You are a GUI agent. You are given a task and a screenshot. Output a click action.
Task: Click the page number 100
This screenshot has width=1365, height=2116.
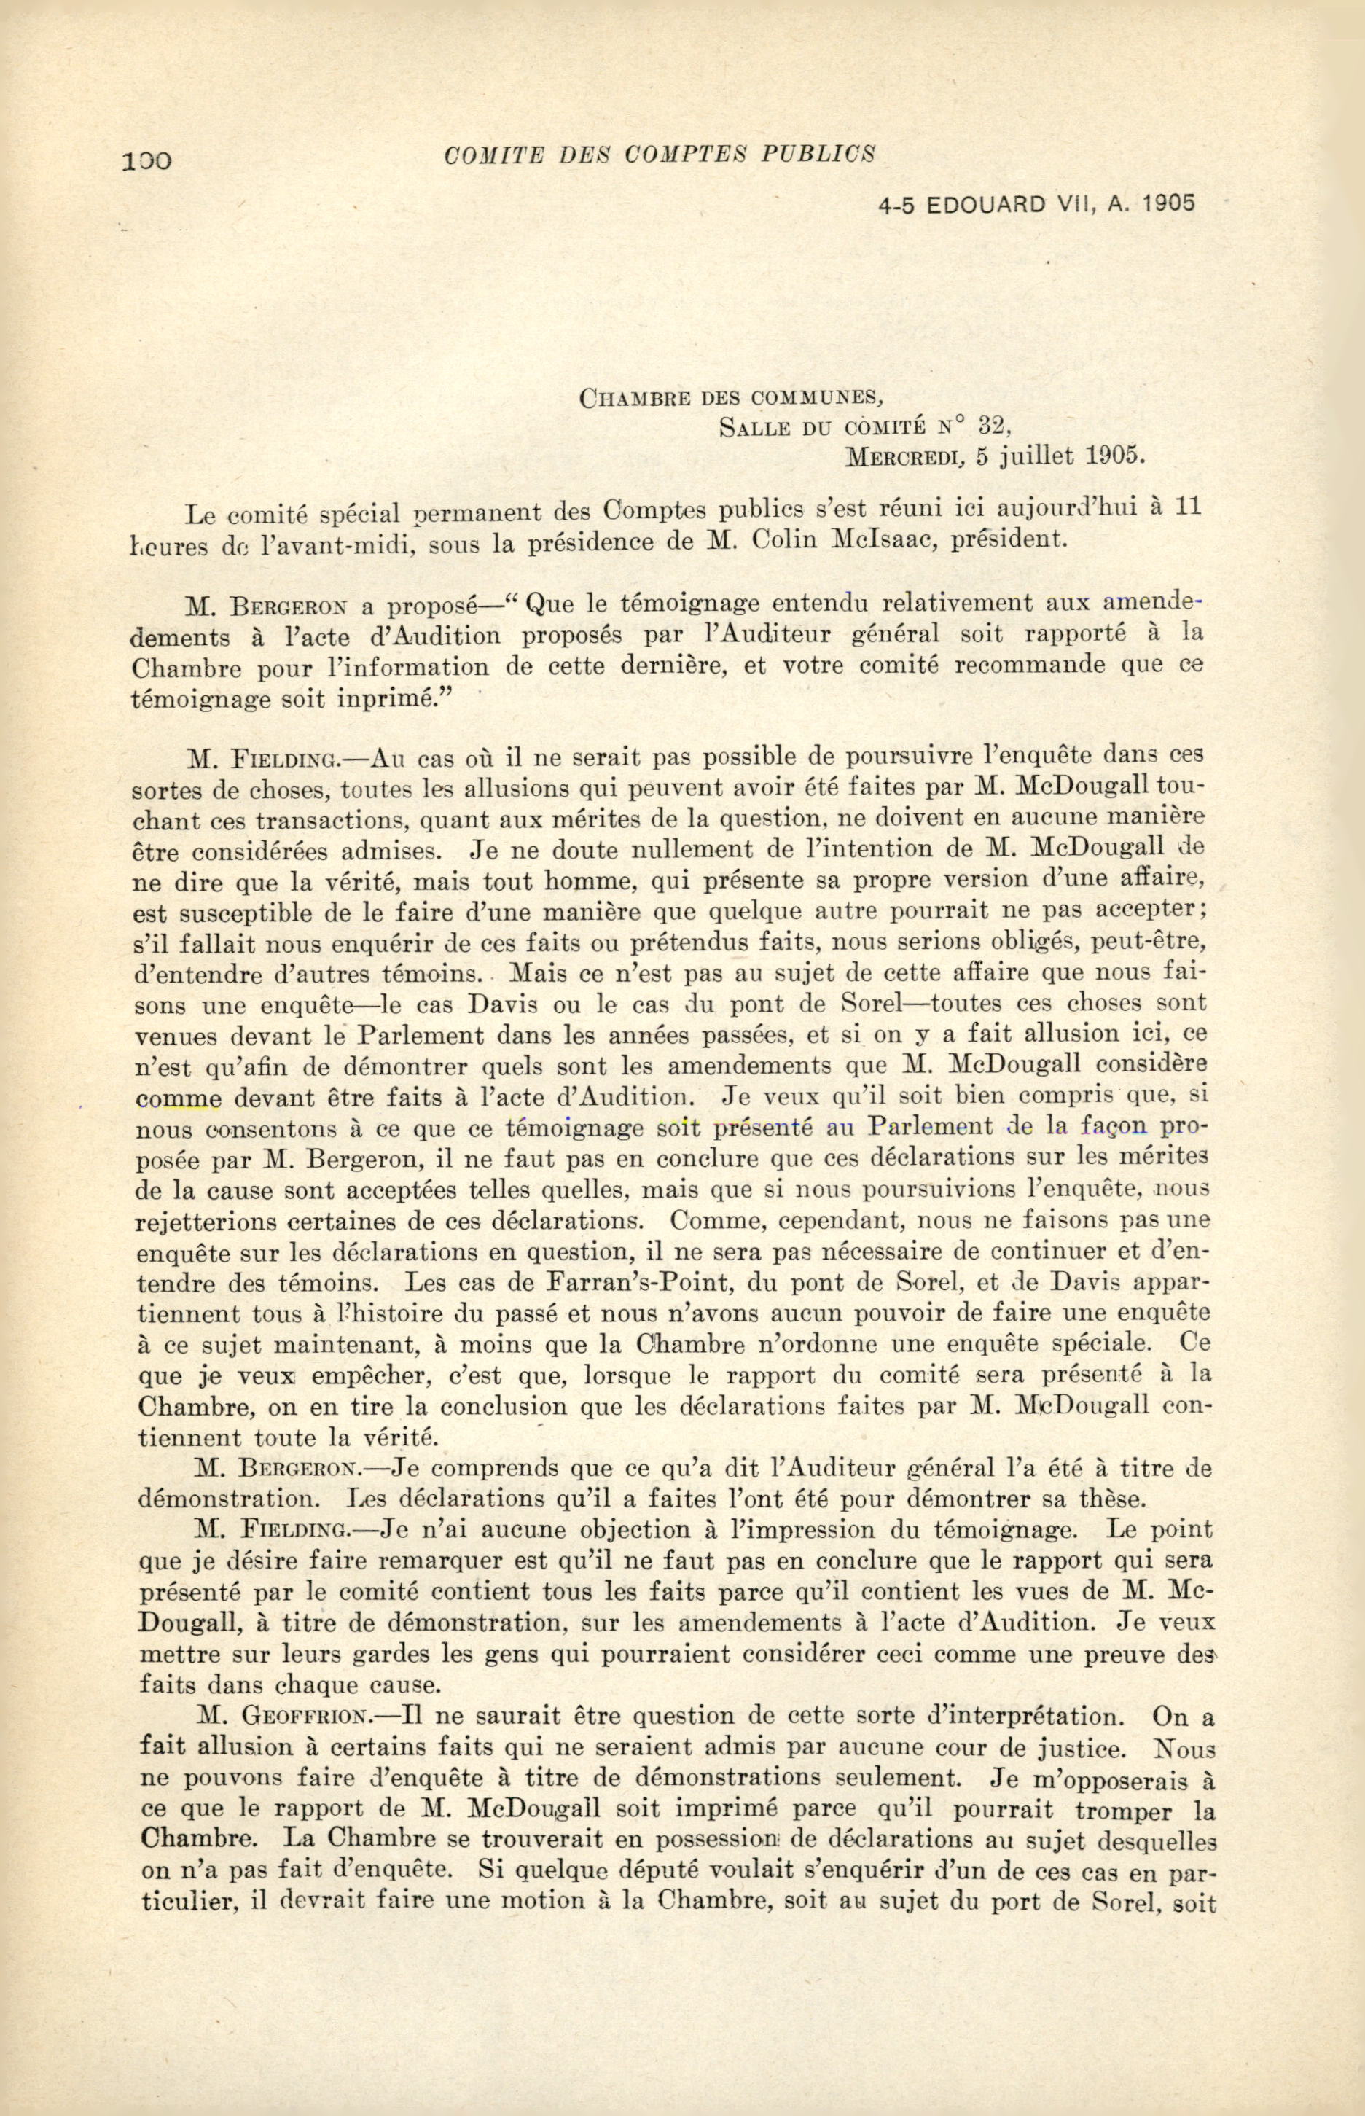click(x=148, y=160)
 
